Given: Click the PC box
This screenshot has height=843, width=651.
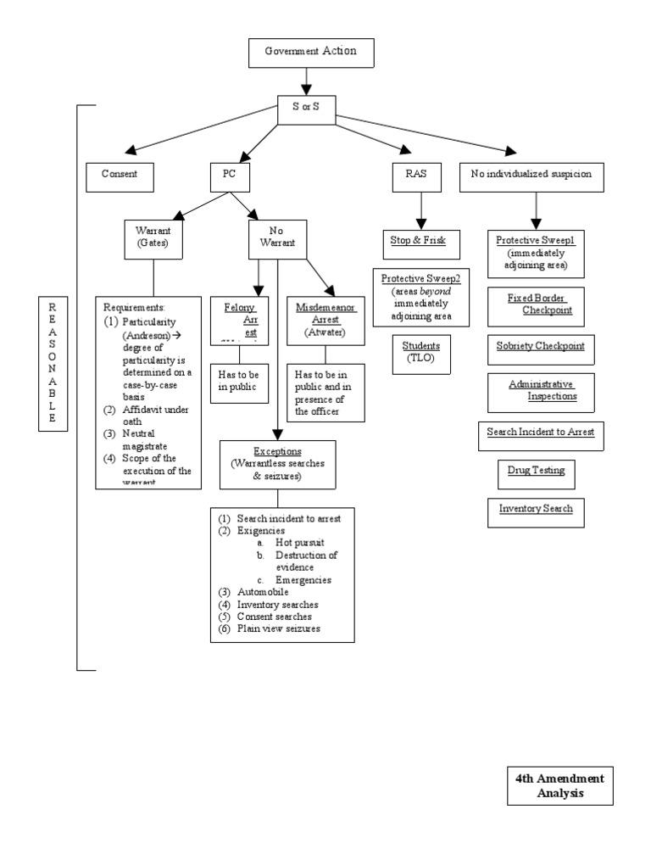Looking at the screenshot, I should [228, 176].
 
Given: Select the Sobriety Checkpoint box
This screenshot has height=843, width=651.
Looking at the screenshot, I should [540, 349].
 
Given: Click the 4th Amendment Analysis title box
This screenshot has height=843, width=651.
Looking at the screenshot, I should [559, 786].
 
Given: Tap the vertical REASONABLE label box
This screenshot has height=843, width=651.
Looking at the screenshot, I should [52, 364].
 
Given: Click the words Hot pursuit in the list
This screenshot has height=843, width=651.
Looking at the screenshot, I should [293, 543].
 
